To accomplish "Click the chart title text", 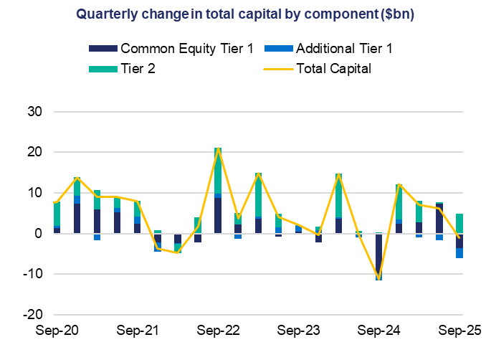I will (245, 14).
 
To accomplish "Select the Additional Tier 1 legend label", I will (344, 49).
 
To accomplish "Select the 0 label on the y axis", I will (39, 234).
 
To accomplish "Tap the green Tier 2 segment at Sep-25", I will (459, 224).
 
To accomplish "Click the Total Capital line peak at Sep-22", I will (218, 149).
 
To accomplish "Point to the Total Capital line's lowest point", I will (378, 278).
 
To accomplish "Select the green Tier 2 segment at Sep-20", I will (57, 214).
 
